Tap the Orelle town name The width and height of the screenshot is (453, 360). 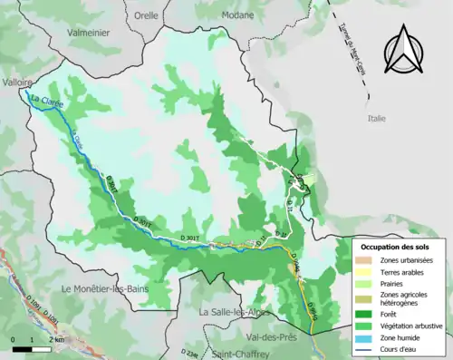145,15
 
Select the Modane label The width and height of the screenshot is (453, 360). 214,15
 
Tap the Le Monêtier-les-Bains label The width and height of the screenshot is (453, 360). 104,288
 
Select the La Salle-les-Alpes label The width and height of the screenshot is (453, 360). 231,312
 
